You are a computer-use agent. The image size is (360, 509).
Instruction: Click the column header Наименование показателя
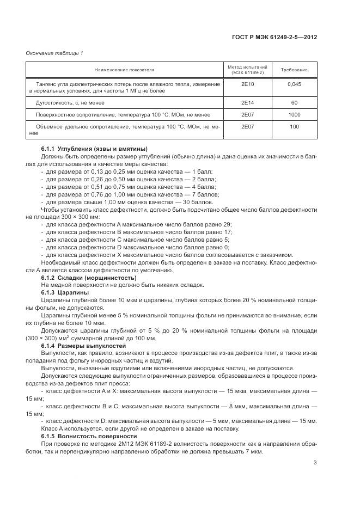(124, 70)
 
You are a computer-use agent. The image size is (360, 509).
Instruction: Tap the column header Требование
(294, 70)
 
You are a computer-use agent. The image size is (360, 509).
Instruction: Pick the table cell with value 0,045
(294, 84)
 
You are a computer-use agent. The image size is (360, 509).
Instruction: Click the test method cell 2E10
(247, 84)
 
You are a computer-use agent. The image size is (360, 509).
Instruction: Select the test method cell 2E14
(247, 102)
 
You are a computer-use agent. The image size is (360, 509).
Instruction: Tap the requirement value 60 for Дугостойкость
(294, 102)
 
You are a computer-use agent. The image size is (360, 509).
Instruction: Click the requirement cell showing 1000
(294, 114)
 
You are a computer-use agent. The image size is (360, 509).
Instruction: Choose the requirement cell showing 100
(294, 126)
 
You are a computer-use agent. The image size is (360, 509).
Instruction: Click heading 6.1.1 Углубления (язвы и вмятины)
(94, 149)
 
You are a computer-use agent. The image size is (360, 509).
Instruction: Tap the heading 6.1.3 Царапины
(65, 292)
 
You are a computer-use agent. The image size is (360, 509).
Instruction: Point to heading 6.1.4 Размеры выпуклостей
(83, 346)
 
